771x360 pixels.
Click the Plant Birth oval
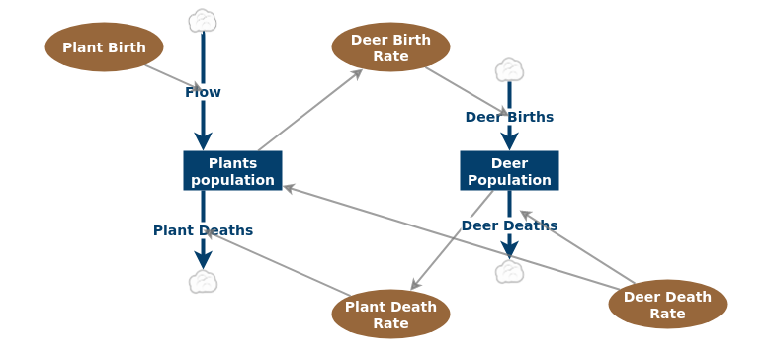(104, 47)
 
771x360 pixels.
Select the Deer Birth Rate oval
(390, 47)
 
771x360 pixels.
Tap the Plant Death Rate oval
(390, 315)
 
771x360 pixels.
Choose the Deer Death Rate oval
(667, 305)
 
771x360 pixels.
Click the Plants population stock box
(232, 171)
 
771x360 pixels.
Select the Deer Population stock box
(509, 171)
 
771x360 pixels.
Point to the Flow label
(203, 92)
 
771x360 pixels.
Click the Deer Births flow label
(509, 117)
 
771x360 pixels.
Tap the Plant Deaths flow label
(203, 230)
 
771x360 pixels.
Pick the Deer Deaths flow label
(509, 225)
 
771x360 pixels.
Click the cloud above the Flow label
(203, 21)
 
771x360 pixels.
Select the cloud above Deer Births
(509, 70)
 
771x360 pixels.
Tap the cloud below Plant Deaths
(203, 282)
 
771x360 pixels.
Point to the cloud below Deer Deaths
(509, 272)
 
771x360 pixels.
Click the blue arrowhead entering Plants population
(203, 140)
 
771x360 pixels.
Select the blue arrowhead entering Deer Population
(509, 140)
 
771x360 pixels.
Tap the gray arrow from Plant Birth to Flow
(174, 78)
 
